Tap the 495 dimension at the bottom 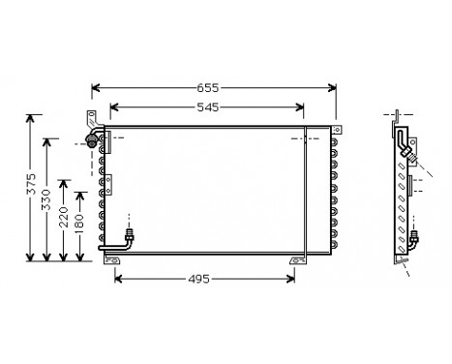[198, 281]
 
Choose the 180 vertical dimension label [79, 228]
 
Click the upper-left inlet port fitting [94, 142]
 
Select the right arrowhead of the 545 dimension [307, 107]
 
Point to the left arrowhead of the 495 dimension [118, 281]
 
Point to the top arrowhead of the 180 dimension [79, 199]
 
